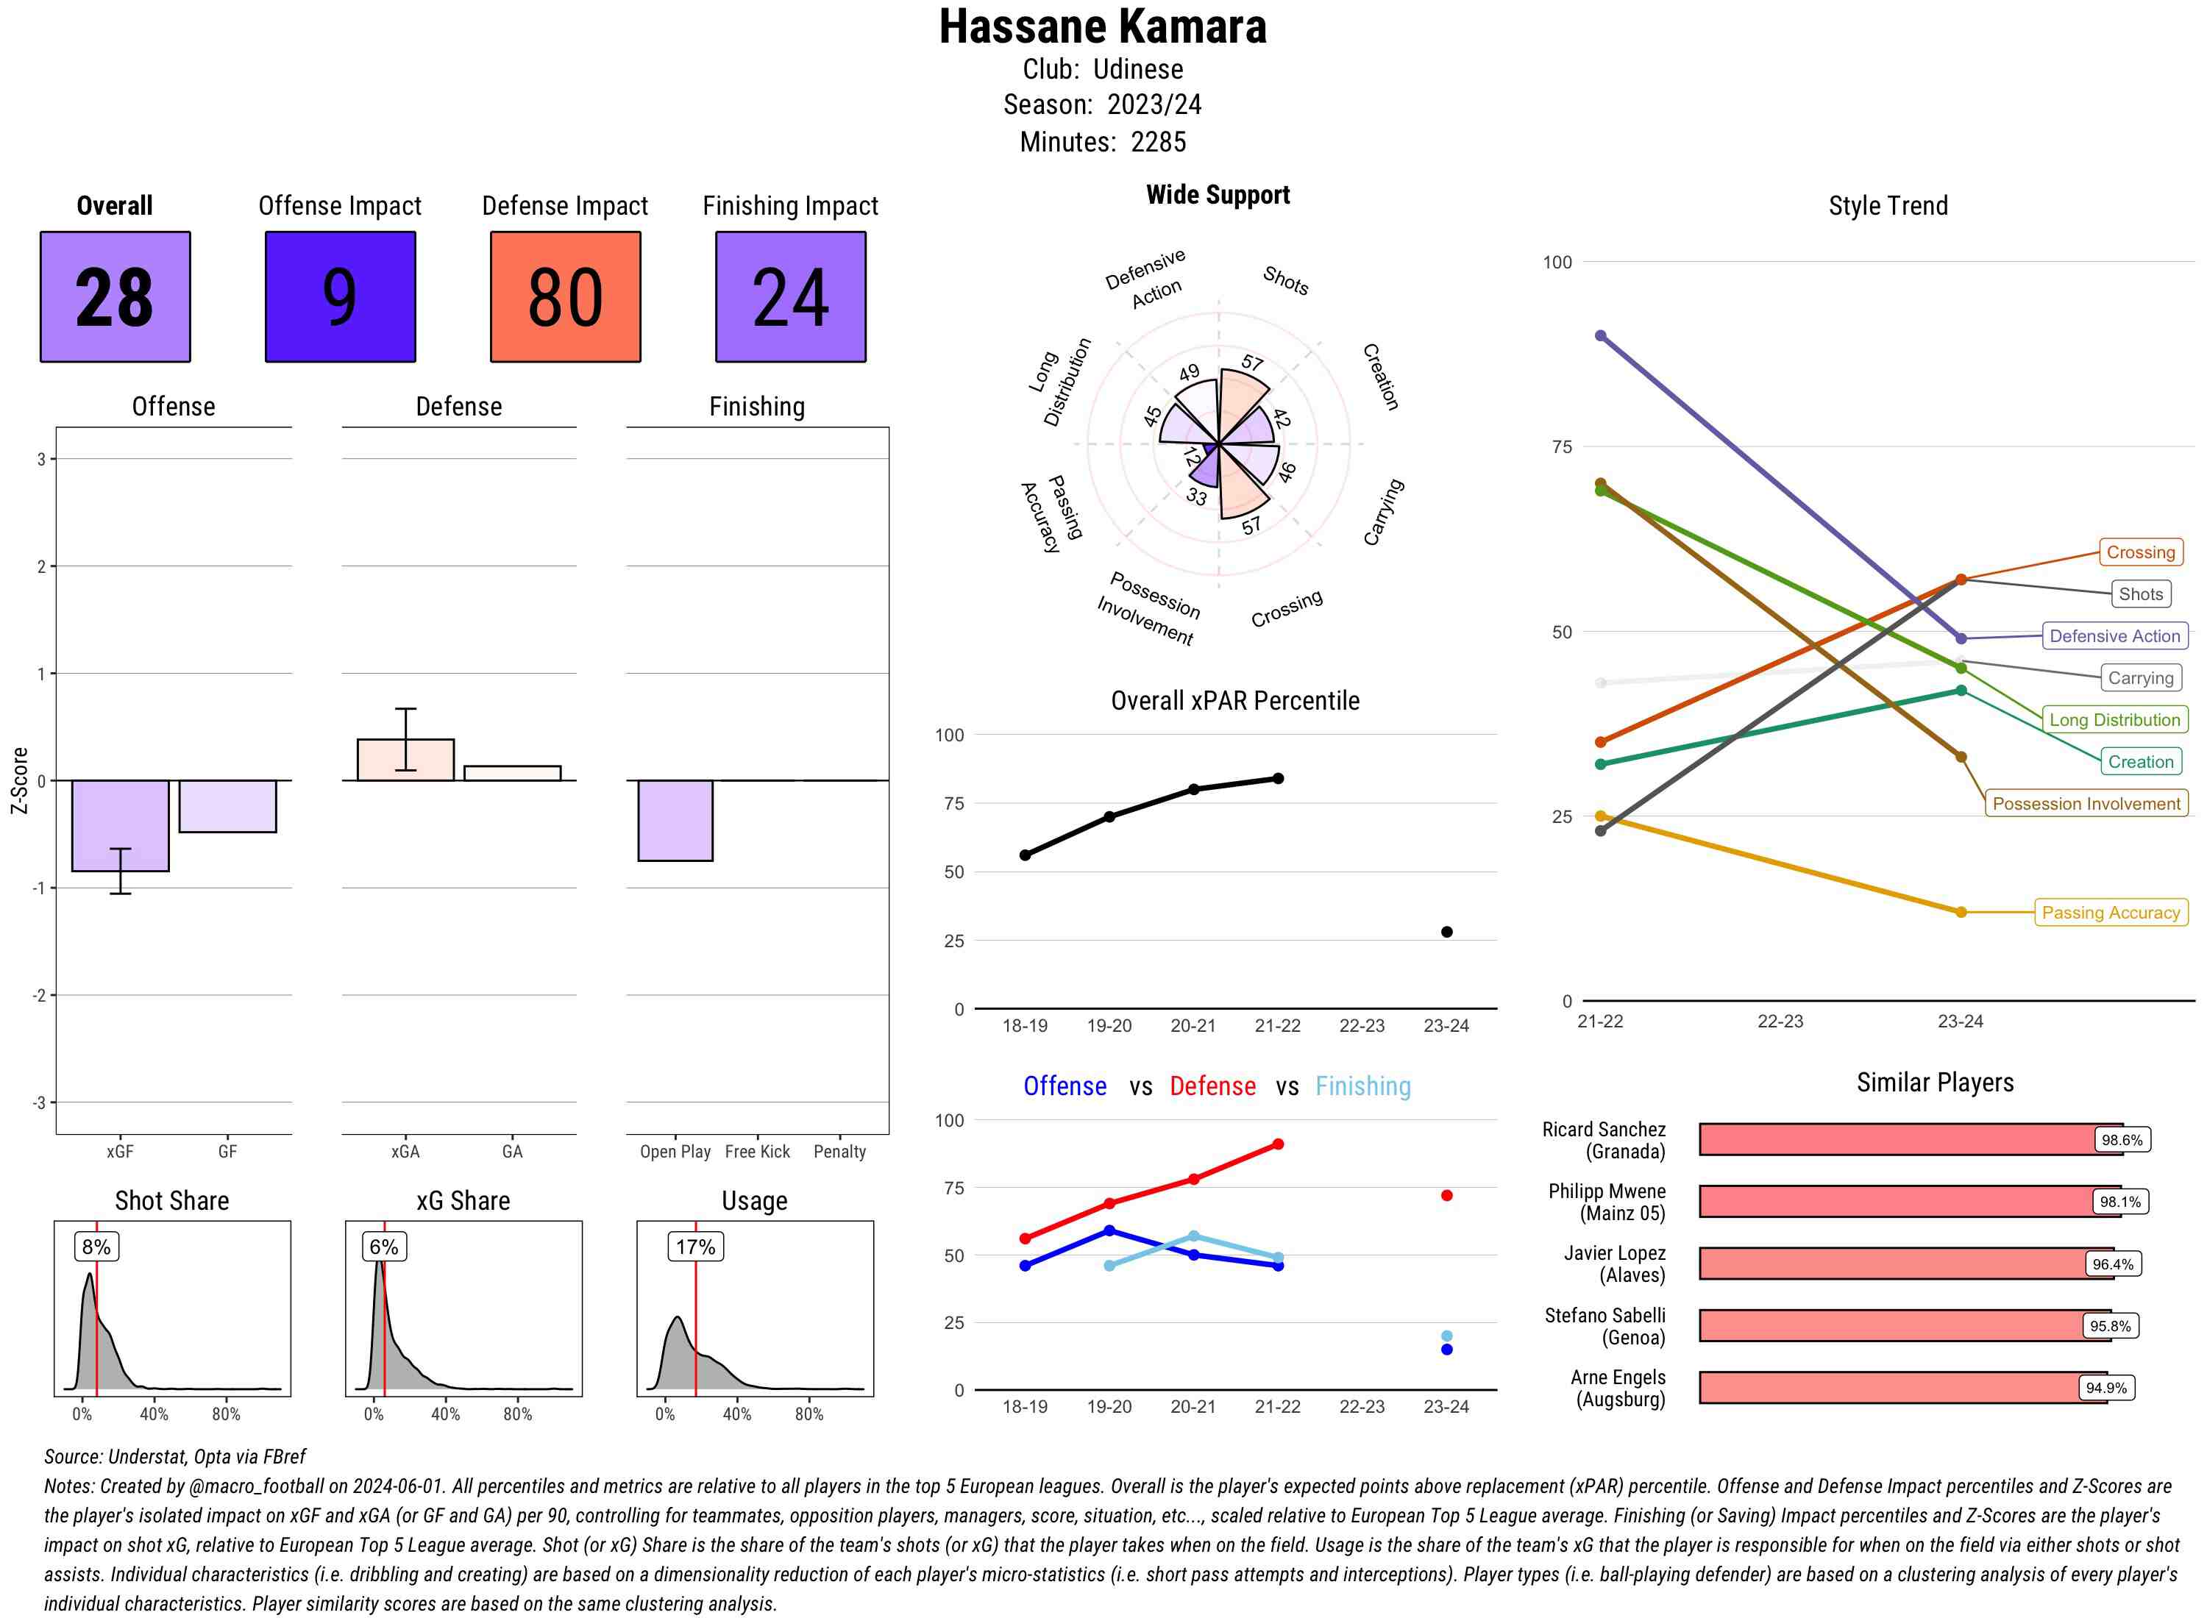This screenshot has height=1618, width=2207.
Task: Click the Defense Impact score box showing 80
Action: (x=565, y=297)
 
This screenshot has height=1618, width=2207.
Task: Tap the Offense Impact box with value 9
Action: (x=340, y=297)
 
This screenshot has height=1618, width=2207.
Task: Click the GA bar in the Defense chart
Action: (x=512, y=773)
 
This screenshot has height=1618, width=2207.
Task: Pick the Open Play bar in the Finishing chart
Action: (x=675, y=820)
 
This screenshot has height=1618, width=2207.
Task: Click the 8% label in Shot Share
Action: (x=96, y=1247)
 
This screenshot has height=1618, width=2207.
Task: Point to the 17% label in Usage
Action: (x=694, y=1247)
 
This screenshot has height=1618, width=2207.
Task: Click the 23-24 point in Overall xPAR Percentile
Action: (x=1446, y=931)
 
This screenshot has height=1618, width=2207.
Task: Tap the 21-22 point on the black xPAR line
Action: (x=1277, y=779)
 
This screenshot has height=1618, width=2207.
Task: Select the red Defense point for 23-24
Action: (x=1446, y=1195)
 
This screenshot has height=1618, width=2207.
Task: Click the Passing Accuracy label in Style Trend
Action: (x=2110, y=913)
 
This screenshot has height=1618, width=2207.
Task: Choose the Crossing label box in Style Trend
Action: (x=2140, y=552)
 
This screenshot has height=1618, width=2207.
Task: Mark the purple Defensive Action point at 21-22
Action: (x=1601, y=336)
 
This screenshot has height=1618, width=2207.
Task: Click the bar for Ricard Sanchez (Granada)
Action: (x=1911, y=1139)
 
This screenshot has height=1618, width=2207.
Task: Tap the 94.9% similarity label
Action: (x=2105, y=1388)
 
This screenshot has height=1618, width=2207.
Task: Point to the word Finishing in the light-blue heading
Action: (x=1362, y=1086)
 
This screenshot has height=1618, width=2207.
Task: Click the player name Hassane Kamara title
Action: (x=1103, y=27)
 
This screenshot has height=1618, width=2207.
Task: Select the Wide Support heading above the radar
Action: (x=1218, y=195)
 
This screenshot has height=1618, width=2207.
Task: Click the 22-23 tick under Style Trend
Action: (x=1780, y=1022)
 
